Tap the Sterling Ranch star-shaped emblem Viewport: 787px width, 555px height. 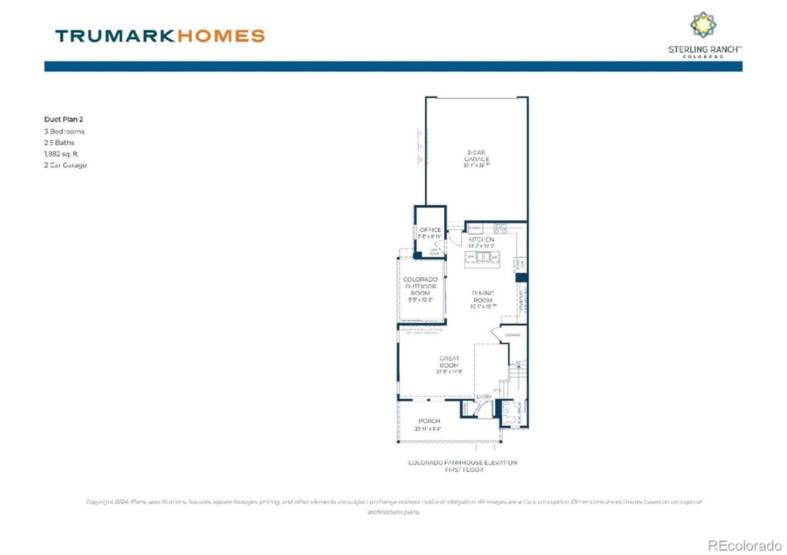703,25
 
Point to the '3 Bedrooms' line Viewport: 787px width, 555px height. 65,131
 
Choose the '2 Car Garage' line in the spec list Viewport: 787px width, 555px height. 65,165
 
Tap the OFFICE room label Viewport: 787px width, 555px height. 430,230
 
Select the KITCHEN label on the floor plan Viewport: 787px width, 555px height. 481,240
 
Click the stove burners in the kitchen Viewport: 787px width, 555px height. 501,226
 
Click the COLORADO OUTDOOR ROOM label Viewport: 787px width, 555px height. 420,286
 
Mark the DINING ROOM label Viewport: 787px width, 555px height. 483,296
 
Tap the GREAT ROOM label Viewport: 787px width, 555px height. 449,362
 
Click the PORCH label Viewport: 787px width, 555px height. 429,421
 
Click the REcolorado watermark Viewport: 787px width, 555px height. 743,545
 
